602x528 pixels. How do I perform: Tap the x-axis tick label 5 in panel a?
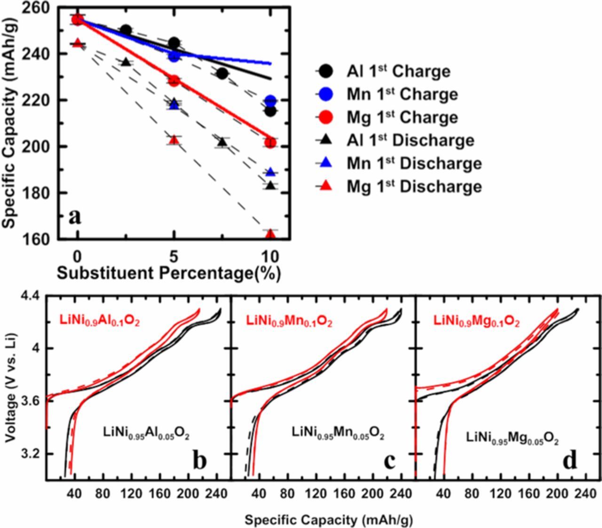(174, 257)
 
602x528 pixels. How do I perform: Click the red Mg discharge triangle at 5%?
(174, 140)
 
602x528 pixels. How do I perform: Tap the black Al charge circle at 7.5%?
(222, 73)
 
